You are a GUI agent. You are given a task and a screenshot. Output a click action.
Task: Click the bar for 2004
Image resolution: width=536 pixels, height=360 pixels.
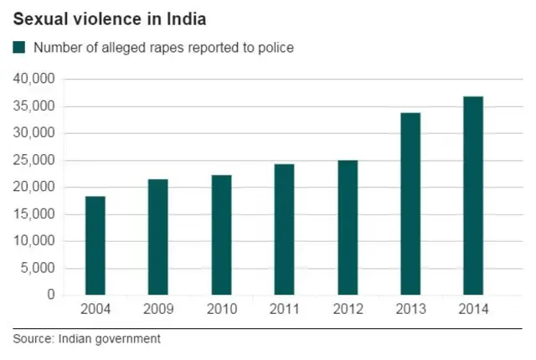click(95, 245)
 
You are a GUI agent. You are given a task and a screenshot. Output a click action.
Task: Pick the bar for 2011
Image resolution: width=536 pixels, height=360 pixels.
click(284, 229)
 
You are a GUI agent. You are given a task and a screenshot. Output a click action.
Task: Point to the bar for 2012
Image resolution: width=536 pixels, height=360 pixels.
click(347, 227)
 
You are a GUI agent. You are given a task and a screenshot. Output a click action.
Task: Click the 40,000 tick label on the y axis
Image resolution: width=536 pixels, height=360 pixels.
click(34, 80)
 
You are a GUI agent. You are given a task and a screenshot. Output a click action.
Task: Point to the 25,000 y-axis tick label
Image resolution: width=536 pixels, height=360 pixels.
click(34, 161)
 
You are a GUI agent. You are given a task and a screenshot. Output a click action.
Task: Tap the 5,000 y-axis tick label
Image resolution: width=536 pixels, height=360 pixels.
click(38, 269)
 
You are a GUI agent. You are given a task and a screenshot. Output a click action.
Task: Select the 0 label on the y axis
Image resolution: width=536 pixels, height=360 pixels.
click(51, 296)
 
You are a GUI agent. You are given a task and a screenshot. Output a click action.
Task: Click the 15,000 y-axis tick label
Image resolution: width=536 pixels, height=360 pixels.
click(34, 214)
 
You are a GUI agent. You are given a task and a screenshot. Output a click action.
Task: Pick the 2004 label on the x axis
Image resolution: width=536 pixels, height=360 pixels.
click(95, 310)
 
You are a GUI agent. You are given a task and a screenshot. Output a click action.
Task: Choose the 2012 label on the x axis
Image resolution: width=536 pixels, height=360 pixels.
click(347, 310)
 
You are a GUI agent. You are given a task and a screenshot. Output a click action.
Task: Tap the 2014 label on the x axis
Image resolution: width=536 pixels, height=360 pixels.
click(472, 310)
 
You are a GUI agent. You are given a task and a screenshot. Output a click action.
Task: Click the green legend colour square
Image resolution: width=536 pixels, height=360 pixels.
click(19, 48)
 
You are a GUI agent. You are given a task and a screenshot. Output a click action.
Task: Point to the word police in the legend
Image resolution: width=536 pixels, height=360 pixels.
click(276, 48)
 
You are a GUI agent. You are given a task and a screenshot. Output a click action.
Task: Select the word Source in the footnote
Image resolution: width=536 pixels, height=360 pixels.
click(31, 339)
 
